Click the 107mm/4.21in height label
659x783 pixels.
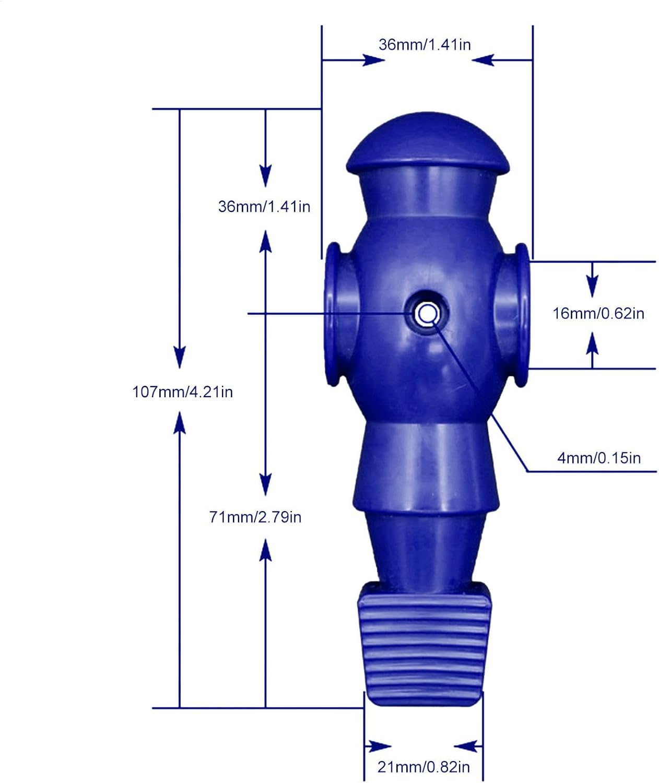183,392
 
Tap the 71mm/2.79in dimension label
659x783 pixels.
255,517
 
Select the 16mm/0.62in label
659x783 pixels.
598,314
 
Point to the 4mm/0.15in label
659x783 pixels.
598,458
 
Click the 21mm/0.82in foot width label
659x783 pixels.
423,767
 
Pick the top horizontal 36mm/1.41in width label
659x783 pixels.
425,44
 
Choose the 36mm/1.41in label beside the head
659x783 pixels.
264,207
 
